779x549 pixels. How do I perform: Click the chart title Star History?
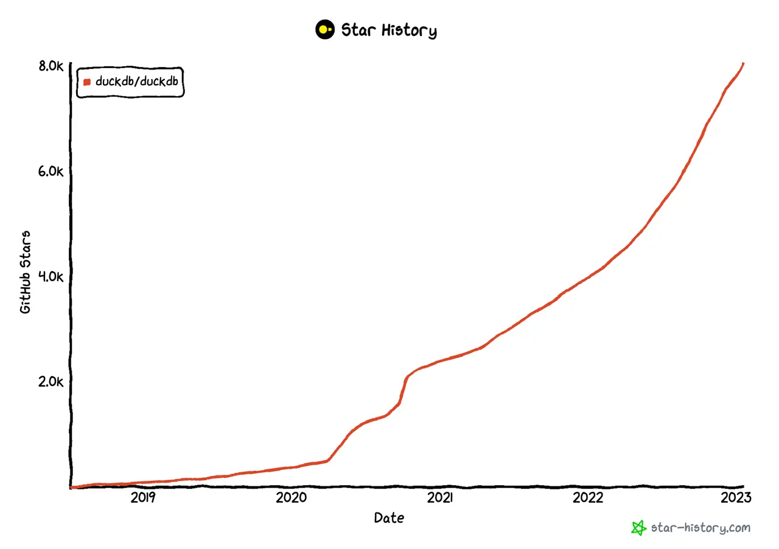pyautogui.click(x=388, y=30)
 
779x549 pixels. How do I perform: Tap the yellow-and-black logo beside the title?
pyautogui.click(x=325, y=29)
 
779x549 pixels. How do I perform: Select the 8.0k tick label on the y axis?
pyautogui.click(x=51, y=66)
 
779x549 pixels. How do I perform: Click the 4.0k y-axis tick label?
pyautogui.click(x=51, y=276)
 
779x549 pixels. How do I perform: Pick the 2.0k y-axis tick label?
pyautogui.click(x=51, y=382)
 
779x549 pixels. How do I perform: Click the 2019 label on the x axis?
pyautogui.click(x=143, y=498)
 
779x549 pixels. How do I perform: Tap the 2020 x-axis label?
pyautogui.click(x=291, y=498)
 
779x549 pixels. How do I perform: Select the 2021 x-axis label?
pyautogui.click(x=439, y=498)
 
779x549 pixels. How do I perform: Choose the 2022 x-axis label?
pyautogui.click(x=588, y=498)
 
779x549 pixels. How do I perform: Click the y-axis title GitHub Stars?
pyautogui.click(x=26, y=271)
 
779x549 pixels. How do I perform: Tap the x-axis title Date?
pyautogui.click(x=388, y=519)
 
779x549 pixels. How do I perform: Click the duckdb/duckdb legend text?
pyautogui.click(x=136, y=82)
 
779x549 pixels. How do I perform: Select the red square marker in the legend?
pyautogui.click(x=87, y=82)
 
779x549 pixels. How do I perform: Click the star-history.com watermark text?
pyautogui.click(x=700, y=528)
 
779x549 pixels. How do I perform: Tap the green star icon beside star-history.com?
pyautogui.click(x=638, y=528)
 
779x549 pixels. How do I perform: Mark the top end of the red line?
pyautogui.click(x=743, y=63)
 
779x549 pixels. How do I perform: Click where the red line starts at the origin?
pyautogui.click(x=72, y=487)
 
